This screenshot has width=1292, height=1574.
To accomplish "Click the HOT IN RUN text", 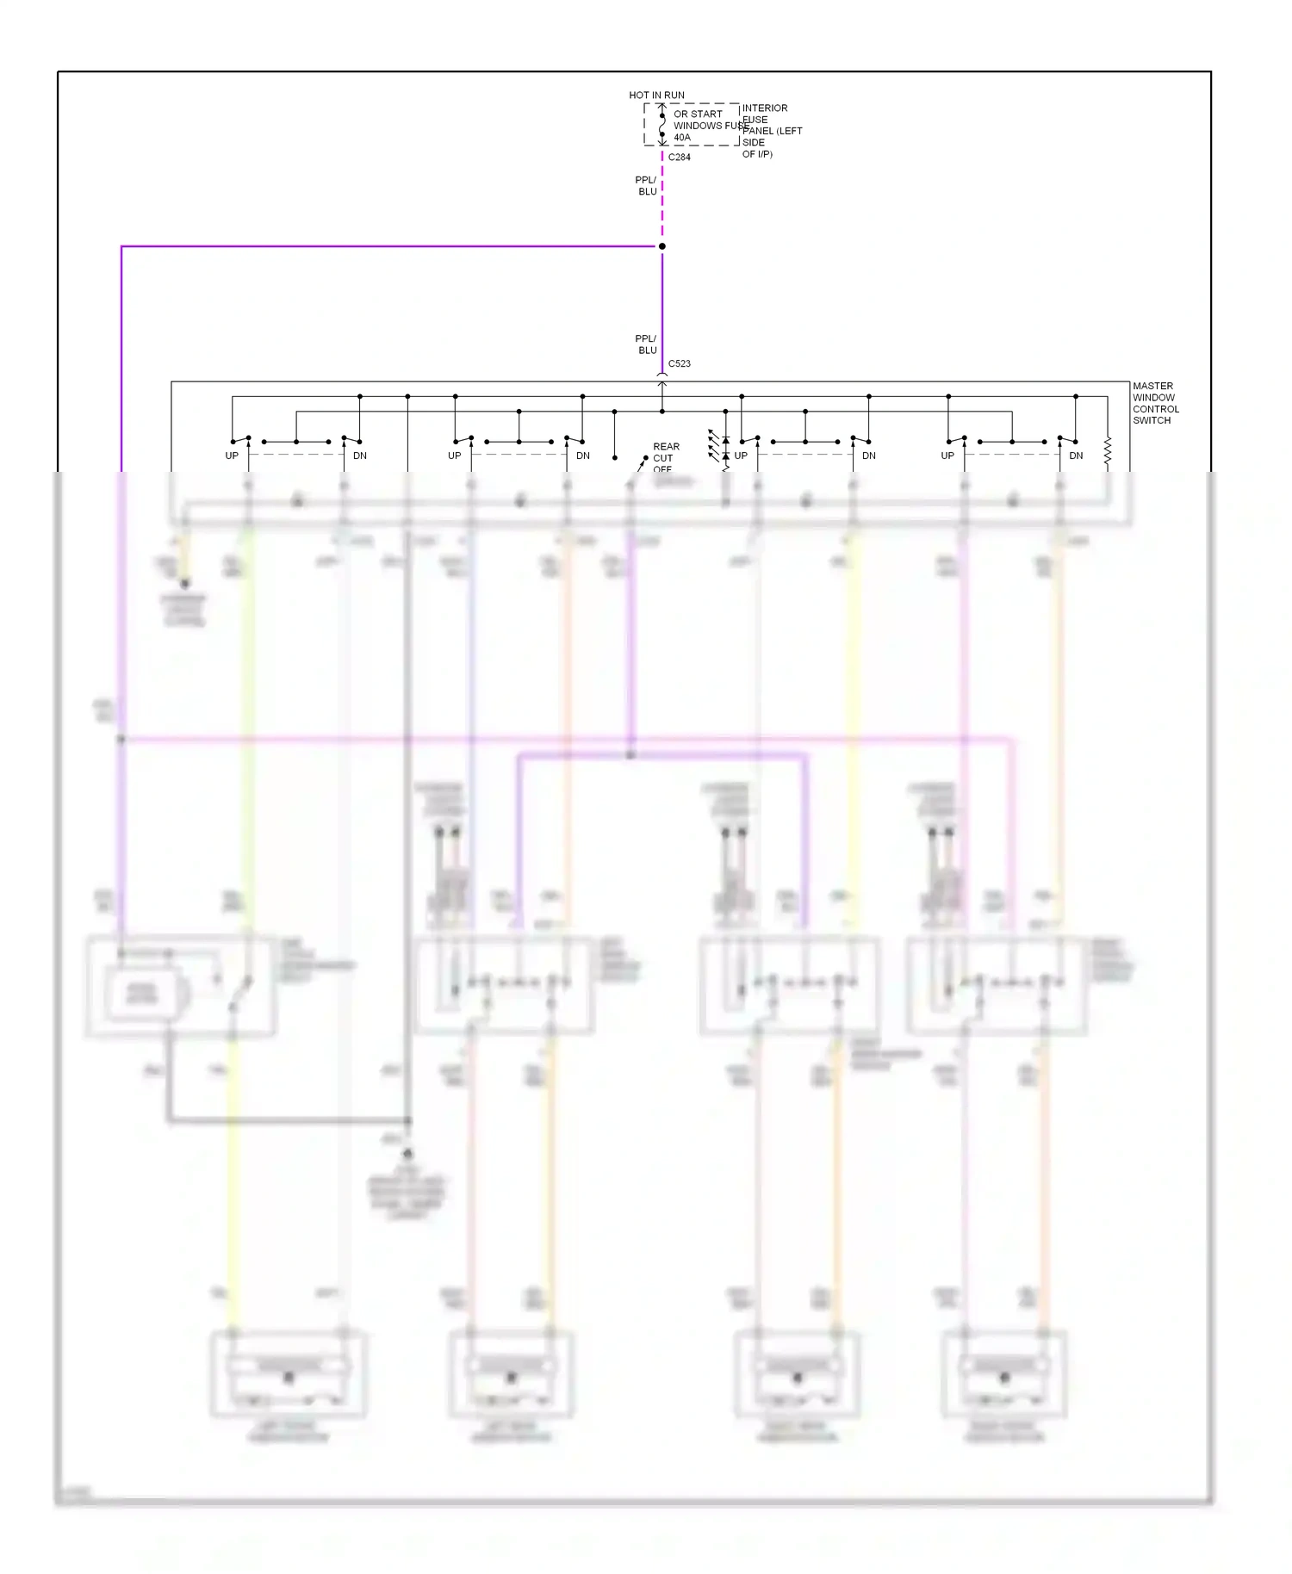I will click(x=656, y=95).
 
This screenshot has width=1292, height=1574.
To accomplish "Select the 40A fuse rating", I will click(x=681, y=137).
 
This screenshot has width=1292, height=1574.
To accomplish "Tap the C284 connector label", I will click(x=679, y=157).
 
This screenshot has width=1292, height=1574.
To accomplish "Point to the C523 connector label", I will click(x=679, y=363).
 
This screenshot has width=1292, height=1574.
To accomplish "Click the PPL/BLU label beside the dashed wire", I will click(x=646, y=186).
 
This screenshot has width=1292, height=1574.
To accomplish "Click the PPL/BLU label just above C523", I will click(x=646, y=344).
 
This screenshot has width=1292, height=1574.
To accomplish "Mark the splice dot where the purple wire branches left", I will click(x=662, y=246).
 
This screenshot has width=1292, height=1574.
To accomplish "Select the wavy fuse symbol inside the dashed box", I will click(x=662, y=126).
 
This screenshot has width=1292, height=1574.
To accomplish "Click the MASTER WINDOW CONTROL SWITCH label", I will click(x=1155, y=403).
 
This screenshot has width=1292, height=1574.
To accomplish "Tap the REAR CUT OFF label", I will click(x=665, y=457).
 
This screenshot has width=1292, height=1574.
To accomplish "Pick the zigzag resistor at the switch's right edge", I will click(x=1108, y=452).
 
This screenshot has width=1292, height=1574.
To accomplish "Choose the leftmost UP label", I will click(x=232, y=455).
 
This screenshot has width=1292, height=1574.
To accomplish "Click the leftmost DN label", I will click(x=360, y=455).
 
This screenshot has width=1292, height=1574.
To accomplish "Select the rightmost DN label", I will click(x=1076, y=455).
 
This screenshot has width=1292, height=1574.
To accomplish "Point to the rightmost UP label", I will click(x=947, y=455).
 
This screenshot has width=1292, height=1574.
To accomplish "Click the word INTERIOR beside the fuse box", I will click(x=765, y=108).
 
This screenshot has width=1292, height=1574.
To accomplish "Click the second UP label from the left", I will click(x=455, y=455).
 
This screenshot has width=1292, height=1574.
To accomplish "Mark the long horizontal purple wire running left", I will click(x=388, y=246).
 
